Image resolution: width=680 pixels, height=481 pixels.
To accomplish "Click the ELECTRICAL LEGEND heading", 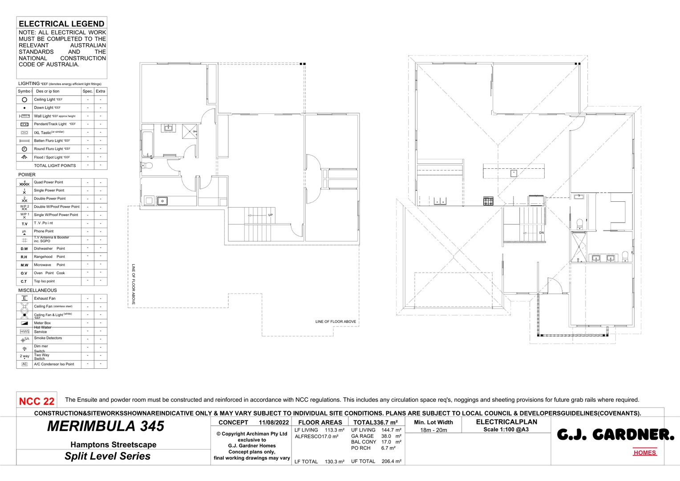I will click(61, 24).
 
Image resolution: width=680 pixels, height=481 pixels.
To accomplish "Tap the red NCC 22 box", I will click(36, 401).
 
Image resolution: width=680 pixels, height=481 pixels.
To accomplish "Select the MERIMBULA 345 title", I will click(106, 426).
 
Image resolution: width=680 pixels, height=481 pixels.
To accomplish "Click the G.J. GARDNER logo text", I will click(615, 435).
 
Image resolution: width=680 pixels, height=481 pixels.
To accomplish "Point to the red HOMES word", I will click(644, 452).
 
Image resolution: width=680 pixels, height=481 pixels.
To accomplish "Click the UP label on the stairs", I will click(270, 215).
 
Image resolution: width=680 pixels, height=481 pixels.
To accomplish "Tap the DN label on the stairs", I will click(542, 233).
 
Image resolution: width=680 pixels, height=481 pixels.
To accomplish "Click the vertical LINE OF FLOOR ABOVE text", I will click(133, 284).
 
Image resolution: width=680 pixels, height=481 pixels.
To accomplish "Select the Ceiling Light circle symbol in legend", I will click(24, 100).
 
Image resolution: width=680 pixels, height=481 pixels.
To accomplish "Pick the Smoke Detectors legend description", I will click(48, 338).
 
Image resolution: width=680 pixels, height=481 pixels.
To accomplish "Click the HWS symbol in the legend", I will click(24, 331).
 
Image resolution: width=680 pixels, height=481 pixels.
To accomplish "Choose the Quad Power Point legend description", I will click(49, 182).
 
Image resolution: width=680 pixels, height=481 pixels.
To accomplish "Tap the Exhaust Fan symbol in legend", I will click(24, 298).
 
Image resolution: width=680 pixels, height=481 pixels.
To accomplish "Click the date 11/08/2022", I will click(274, 422).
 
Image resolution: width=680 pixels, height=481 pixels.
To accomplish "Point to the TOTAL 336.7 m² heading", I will click(375, 422).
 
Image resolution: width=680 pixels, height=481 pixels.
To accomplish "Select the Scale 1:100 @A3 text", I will click(506, 430).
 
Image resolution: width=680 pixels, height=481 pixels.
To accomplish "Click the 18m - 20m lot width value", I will click(433, 430).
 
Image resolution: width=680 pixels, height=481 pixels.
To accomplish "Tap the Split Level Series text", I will click(107, 456).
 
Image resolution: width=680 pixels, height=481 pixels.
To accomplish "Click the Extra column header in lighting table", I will click(101, 91).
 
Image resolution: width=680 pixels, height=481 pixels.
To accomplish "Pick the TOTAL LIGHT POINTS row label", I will click(55, 166).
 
